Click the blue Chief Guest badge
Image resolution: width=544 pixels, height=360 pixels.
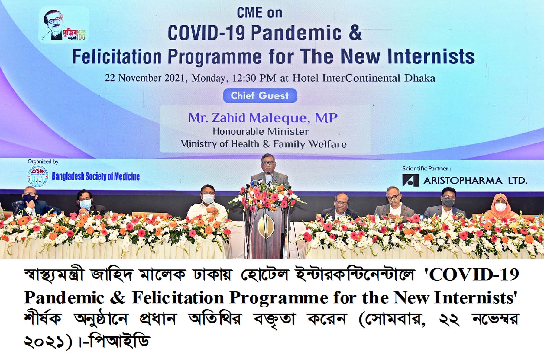tap(260, 96)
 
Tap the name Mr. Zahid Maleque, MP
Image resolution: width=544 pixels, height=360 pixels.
tap(263, 118)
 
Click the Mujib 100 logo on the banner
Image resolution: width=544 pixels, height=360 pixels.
tap(64, 25)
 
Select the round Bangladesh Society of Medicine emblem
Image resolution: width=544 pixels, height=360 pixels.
tap(38, 176)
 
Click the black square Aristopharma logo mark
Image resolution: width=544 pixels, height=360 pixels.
tap(410, 180)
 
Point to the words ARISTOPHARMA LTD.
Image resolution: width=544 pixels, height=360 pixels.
tap(475, 181)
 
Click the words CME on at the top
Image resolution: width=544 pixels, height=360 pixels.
tap(260, 13)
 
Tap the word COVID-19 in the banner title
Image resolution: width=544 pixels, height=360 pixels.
tap(206, 33)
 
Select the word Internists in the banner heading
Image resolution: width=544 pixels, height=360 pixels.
tap(431, 56)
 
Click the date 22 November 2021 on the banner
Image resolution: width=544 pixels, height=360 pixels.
tap(144, 78)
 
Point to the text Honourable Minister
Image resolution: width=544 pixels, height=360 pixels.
tap(261, 131)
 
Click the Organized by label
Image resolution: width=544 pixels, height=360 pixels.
tap(44, 162)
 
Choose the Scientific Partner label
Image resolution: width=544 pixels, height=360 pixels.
tap(426, 168)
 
